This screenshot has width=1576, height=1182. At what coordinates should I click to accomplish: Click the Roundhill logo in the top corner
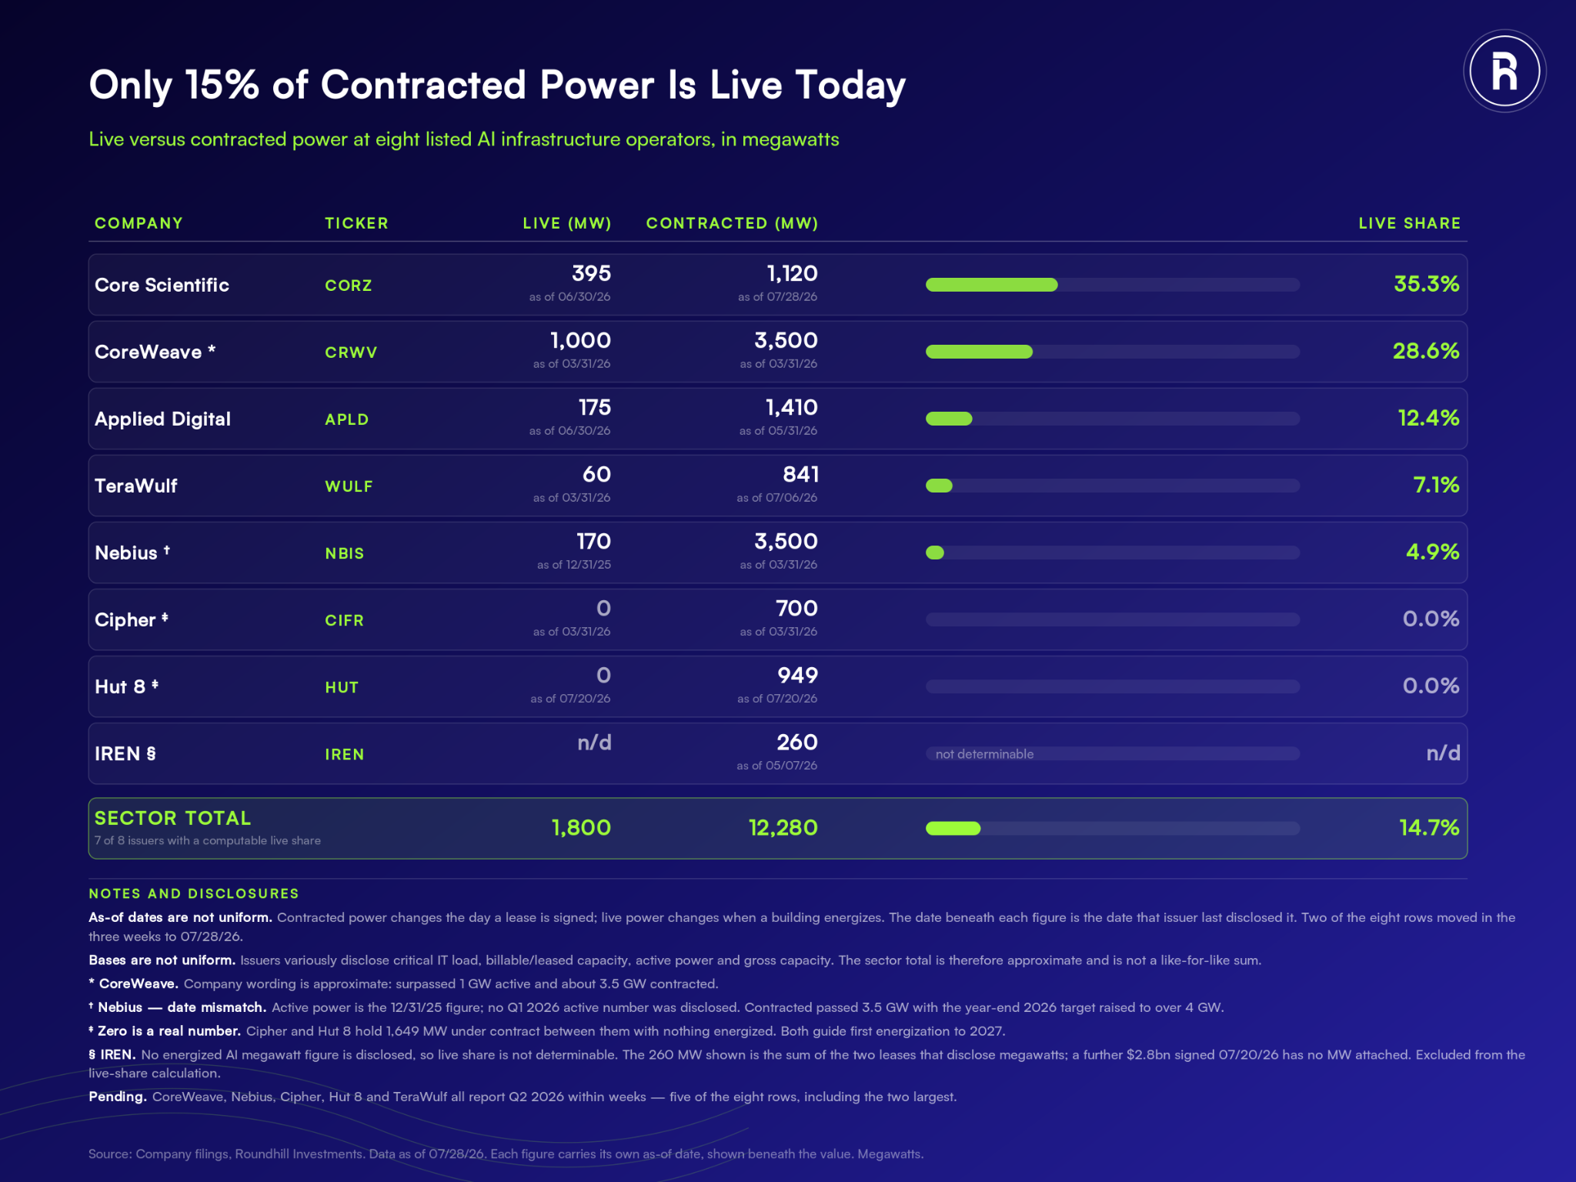(1504, 71)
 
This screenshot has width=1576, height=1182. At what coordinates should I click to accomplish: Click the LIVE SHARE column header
(1409, 223)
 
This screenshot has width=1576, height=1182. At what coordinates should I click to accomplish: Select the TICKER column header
(356, 223)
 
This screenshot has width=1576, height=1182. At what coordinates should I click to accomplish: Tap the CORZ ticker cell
(349, 285)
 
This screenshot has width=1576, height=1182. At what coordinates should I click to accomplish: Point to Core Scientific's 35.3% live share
(1426, 284)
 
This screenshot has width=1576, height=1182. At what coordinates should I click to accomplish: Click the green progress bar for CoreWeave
(979, 352)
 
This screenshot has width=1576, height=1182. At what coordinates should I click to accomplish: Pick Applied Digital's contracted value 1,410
(791, 407)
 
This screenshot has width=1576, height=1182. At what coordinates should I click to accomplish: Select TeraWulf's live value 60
(596, 474)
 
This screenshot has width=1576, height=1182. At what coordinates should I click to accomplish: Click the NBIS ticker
(344, 553)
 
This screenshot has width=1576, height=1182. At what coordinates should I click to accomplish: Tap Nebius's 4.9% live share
(1432, 552)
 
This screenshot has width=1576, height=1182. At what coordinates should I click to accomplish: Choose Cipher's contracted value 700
(796, 608)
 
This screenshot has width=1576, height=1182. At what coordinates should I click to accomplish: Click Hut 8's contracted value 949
(797, 675)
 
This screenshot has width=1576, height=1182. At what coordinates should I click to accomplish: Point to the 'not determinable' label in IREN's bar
(984, 754)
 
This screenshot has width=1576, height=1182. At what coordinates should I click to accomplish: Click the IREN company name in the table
(125, 753)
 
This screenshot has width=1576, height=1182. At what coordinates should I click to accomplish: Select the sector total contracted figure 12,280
(783, 827)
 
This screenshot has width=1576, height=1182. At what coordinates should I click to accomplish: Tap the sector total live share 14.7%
(1429, 827)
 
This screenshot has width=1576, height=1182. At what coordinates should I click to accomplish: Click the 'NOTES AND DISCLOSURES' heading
(194, 893)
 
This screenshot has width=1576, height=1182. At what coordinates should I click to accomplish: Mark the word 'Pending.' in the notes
(118, 1097)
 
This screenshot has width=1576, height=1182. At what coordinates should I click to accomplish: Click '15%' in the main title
(222, 84)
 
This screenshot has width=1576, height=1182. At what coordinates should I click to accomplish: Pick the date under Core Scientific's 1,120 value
(777, 297)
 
